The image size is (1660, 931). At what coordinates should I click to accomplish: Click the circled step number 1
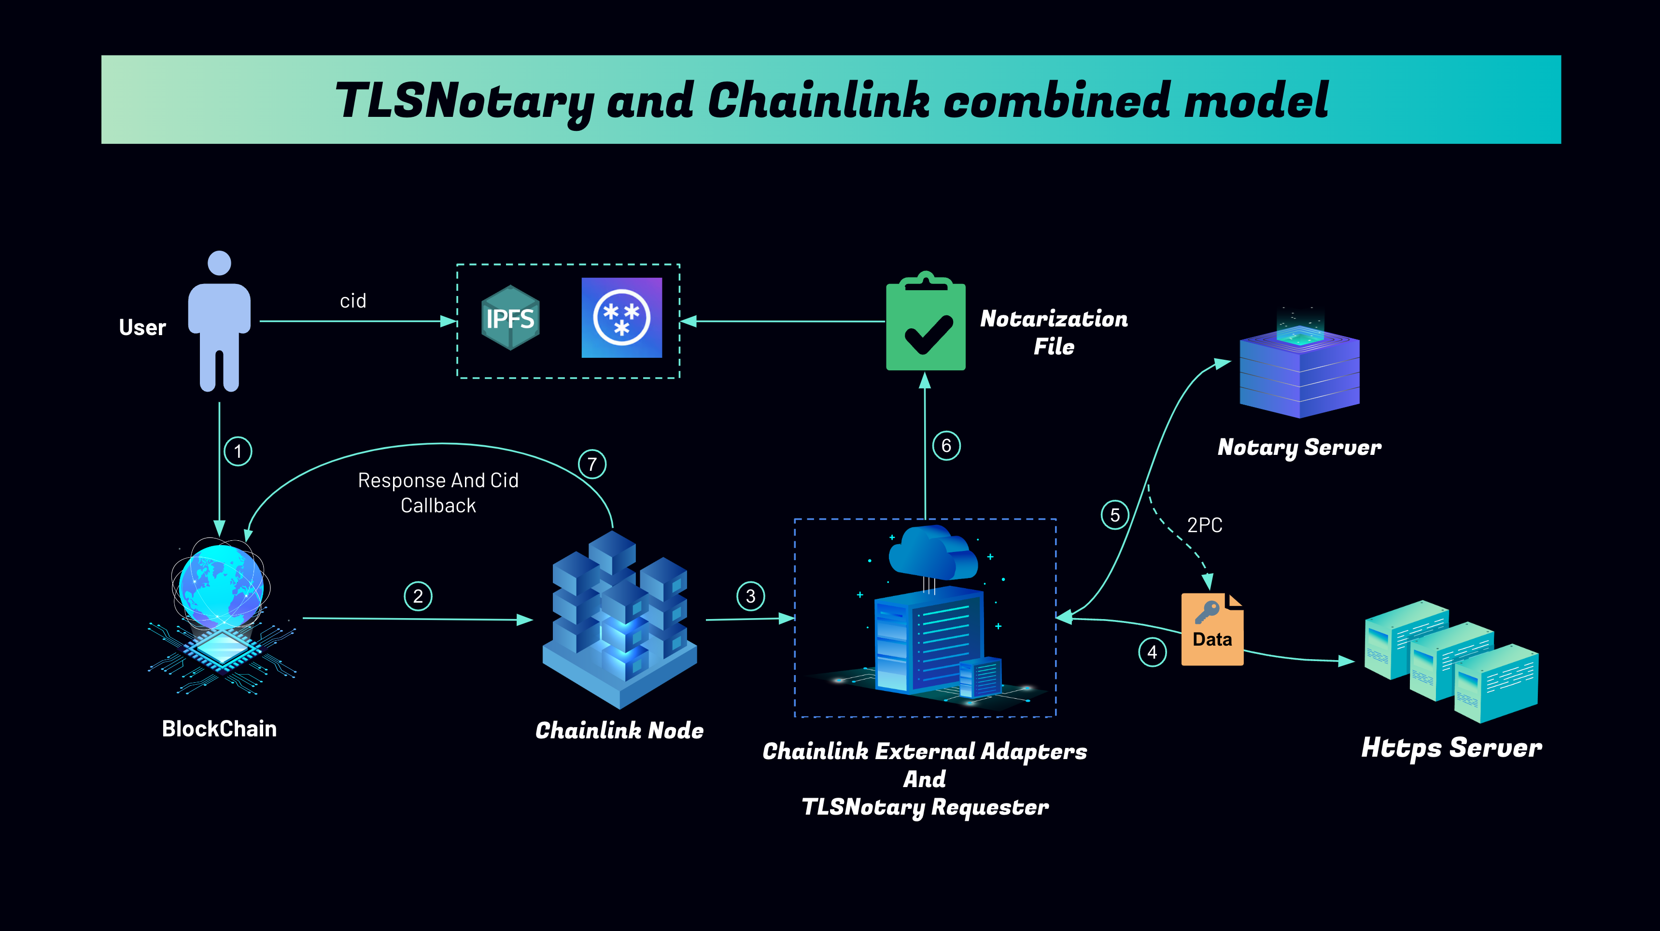pos(238,451)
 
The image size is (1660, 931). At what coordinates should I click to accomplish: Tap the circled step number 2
pos(418,596)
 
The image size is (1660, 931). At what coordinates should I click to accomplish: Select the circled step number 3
pos(751,596)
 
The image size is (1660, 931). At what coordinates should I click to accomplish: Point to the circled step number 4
pos(1152,652)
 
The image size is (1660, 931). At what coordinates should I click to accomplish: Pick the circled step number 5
pos(1115,515)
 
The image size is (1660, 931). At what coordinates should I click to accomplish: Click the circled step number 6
pos(946,445)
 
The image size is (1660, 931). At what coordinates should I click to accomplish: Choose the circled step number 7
pos(592,464)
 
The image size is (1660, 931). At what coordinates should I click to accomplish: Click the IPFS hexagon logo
pos(510,318)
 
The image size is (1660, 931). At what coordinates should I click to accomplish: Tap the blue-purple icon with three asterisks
pos(622,318)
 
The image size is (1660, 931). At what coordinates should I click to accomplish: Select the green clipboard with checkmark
pos(926,321)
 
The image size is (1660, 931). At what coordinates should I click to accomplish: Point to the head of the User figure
pos(220,263)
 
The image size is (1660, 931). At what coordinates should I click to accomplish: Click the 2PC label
pos(1204,525)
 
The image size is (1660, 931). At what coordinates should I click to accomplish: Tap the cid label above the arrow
pos(353,301)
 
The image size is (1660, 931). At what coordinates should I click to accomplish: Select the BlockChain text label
pos(219,729)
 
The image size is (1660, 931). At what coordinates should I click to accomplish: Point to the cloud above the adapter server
pos(933,552)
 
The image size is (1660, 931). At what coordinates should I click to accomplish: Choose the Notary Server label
pos(1299,448)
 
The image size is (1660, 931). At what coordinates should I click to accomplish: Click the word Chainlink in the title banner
pos(819,100)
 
